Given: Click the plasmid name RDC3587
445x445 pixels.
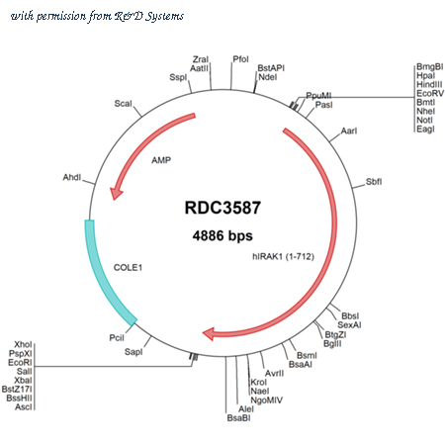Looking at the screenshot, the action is pyautogui.click(x=222, y=208).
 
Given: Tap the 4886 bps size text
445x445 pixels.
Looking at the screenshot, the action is pyautogui.click(x=222, y=236).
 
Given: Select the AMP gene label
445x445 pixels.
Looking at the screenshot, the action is pyautogui.click(x=161, y=160).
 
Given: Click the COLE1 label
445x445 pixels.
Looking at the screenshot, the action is pyautogui.click(x=128, y=267).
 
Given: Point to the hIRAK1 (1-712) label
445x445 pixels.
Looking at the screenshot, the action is pyautogui.click(x=283, y=256).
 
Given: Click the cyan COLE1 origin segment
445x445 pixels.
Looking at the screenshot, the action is pyautogui.click(x=105, y=276).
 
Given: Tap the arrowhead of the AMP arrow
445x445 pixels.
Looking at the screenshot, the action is pyautogui.click(x=116, y=193).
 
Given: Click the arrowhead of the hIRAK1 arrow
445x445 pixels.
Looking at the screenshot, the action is pyautogui.click(x=209, y=333).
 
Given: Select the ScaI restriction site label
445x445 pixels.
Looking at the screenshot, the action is pyautogui.click(x=123, y=104).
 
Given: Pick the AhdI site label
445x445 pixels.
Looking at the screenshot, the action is pyautogui.click(x=72, y=177).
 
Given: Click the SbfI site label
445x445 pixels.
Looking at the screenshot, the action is pyautogui.click(x=374, y=182).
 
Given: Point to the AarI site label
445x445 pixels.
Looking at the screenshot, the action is pyautogui.click(x=349, y=131).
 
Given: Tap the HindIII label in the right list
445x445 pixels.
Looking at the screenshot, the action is pyautogui.click(x=429, y=84).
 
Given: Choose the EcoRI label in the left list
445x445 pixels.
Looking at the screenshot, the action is pyautogui.click(x=20, y=363).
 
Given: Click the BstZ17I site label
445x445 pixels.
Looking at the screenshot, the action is pyautogui.click(x=17, y=390).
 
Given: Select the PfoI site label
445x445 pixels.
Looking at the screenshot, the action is pyautogui.click(x=240, y=59).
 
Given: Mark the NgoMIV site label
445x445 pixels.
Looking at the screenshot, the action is pyautogui.click(x=267, y=400).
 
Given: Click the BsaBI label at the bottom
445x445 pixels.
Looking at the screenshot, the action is pyautogui.click(x=238, y=418).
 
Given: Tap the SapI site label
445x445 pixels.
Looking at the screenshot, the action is pyautogui.click(x=133, y=352).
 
